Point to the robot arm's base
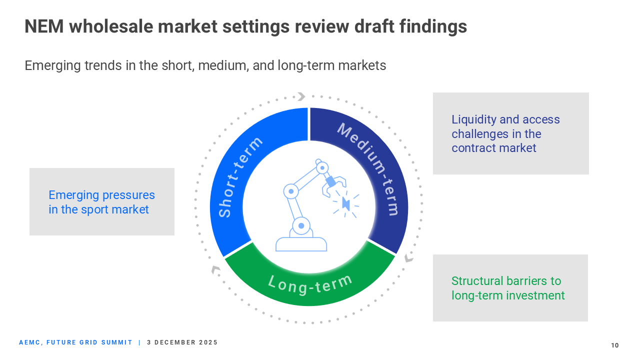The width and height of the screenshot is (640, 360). [x=301, y=244]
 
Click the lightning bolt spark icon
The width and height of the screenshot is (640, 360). [x=345, y=203]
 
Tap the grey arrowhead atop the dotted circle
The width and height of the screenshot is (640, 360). [x=301, y=96]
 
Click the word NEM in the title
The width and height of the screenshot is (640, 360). [x=44, y=26]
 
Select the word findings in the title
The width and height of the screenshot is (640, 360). [x=433, y=26]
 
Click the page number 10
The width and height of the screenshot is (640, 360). [x=614, y=345]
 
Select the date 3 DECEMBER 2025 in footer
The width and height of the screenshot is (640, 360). [x=182, y=342]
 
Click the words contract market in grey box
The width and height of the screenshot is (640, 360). [x=493, y=148]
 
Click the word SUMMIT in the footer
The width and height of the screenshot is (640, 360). [x=118, y=342]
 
